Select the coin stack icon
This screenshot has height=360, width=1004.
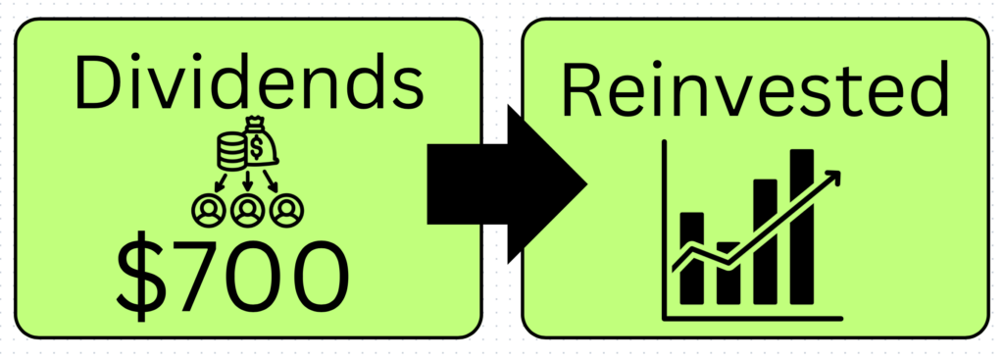pos(231,152)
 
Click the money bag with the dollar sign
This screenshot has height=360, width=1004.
pos(259,142)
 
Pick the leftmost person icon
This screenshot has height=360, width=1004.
pos(209,211)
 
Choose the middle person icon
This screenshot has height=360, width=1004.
pos(248,211)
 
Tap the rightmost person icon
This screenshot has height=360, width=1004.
pos(287,211)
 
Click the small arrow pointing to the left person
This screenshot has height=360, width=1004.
pos(222,181)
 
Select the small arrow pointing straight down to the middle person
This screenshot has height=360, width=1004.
pos(248,181)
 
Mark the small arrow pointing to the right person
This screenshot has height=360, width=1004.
pos(272,181)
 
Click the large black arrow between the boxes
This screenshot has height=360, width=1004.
pos(506,184)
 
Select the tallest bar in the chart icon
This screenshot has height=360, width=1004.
pos(802,227)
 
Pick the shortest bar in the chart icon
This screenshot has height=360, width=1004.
pos(728,274)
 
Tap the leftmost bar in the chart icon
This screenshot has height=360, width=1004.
pos(691,258)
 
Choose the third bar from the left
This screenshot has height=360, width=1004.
pos(765,242)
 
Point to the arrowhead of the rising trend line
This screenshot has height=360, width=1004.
pos(832,178)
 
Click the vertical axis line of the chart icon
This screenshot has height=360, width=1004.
pos(665,230)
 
